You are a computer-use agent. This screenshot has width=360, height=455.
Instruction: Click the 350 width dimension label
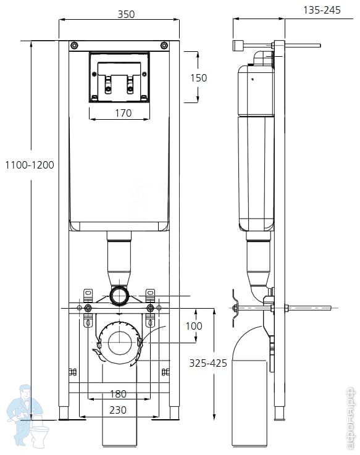tap(126, 14)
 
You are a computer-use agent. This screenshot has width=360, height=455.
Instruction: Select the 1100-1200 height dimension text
tap(30, 165)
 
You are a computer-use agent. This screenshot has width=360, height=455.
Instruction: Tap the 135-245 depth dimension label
tap(322, 10)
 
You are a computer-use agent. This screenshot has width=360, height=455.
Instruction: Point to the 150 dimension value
tap(199, 78)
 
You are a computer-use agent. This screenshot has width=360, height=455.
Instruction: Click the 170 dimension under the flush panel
tap(123, 113)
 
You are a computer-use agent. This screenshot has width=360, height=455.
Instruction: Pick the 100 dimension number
tap(194, 326)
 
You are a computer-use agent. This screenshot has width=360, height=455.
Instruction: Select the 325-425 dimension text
tap(208, 363)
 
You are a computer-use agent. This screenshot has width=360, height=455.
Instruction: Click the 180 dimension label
tap(118, 394)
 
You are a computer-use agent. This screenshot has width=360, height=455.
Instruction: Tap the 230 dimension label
tap(118, 410)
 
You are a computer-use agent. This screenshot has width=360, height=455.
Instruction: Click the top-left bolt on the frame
tap(74, 46)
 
